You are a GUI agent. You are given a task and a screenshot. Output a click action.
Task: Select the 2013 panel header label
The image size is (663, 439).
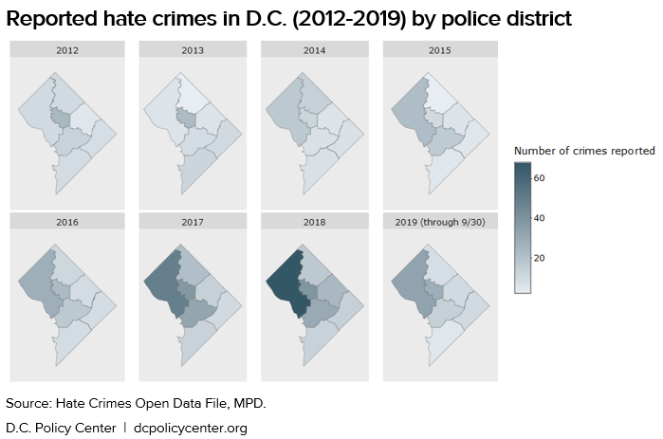click(x=193, y=50)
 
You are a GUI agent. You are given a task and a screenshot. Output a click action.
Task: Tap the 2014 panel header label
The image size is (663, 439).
click(x=314, y=50)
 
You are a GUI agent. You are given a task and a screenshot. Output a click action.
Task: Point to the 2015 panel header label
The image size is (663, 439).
click(x=437, y=50)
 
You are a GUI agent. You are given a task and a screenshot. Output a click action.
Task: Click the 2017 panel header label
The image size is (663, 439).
click(x=193, y=222)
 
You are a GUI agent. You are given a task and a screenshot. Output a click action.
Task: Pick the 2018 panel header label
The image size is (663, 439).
click(x=314, y=222)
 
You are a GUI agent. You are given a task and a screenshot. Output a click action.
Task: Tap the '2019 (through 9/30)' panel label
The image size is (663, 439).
click(x=437, y=222)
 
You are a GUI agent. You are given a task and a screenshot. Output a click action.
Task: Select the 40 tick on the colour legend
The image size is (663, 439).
click(x=539, y=218)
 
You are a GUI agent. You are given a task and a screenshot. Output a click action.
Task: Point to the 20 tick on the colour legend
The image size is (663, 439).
click(x=539, y=258)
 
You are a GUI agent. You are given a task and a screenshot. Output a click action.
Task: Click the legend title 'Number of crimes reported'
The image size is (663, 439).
click(x=584, y=151)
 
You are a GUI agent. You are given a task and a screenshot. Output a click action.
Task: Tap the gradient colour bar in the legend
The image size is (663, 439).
click(x=523, y=228)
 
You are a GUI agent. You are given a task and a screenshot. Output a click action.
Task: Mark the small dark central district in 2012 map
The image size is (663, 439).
click(x=61, y=119)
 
